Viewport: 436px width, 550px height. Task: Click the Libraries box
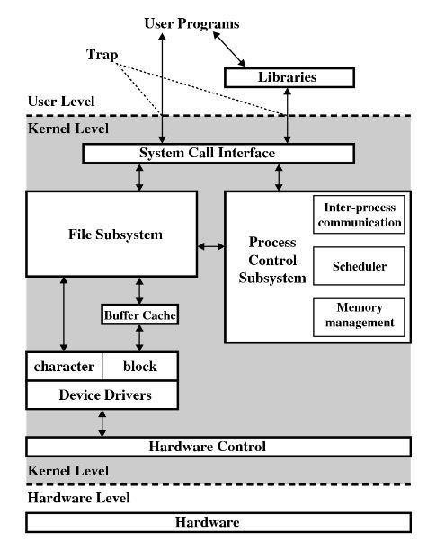point(289,77)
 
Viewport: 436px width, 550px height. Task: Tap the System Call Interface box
point(218,154)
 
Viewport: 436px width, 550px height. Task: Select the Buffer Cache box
point(140,315)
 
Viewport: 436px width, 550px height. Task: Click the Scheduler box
point(359,266)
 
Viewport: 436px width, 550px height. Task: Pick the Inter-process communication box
point(359,215)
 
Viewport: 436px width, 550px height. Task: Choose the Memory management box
point(359,317)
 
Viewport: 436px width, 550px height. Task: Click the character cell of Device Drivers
point(64,366)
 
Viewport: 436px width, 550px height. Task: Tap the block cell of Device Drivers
point(140,366)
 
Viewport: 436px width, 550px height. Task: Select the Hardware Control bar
point(218,447)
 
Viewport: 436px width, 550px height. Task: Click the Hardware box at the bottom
point(218,522)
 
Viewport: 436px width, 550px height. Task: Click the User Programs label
point(191,24)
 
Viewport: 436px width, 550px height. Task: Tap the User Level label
point(61,102)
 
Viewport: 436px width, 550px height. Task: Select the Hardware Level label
point(79,498)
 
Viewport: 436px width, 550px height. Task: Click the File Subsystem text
point(115,235)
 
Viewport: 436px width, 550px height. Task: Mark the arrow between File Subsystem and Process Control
point(211,246)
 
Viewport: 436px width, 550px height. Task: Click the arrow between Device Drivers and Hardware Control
point(102,423)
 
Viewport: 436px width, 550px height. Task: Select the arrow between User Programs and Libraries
point(229,49)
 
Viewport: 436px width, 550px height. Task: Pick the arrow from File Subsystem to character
point(64,315)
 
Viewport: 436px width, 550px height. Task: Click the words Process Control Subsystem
point(272,260)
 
